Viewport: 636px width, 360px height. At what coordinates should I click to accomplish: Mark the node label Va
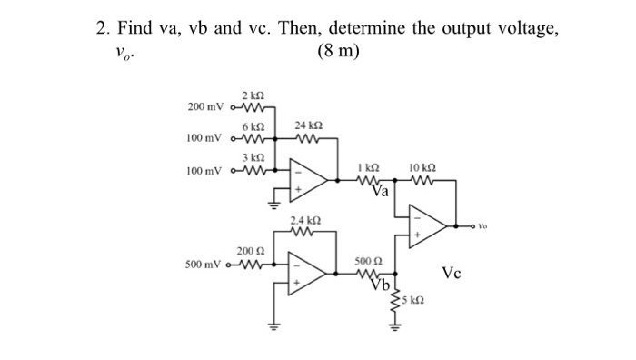click(x=380, y=192)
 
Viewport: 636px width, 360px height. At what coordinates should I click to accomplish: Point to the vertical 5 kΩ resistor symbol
click(x=397, y=300)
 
